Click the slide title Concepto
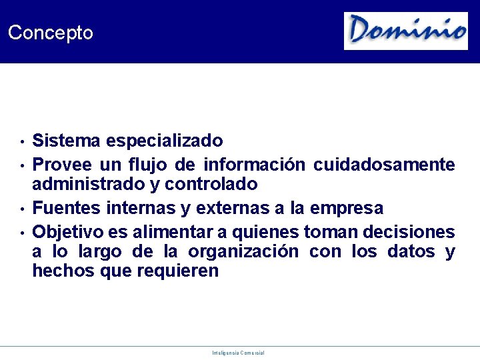click(x=51, y=33)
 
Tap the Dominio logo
click(x=405, y=31)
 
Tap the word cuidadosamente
click(x=384, y=164)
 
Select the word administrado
click(x=89, y=184)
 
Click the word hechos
click(x=61, y=271)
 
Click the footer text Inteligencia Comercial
click(x=238, y=353)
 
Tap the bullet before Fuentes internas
click(x=22, y=209)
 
